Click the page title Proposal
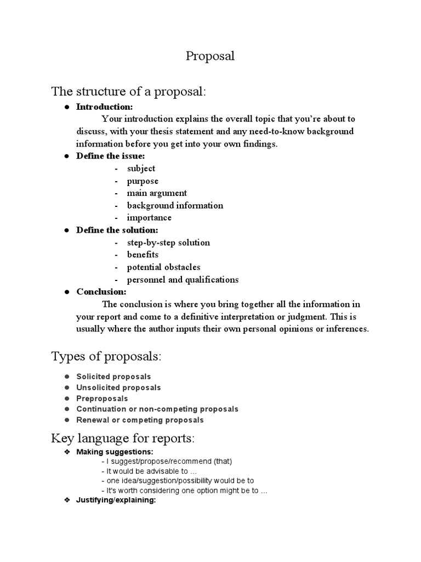[x=210, y=57]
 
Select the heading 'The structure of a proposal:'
[x=128, y=91]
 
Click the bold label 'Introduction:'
[x=104, y=106]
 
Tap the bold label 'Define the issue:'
[x=111, y=156]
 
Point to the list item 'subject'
[x=141, y=168]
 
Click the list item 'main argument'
[x=157, y=193]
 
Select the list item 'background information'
[x=175, y=205]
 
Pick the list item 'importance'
[x=149, y=218]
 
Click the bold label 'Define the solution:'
[x=117, y=230]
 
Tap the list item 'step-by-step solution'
[x=168, y=243]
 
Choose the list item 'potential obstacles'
[x=163, y=267]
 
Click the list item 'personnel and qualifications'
[x=183, y=279]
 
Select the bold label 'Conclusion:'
[x=101, y=292]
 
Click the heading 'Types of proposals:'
[x=106, y=357]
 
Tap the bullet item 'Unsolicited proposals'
[x=118, y=387]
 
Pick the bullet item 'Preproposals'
[x=102, y=398]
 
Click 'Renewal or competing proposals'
[x=140, y=420]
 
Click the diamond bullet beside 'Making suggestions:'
[x=66, y=452]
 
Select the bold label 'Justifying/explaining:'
[x=116, y=501]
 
